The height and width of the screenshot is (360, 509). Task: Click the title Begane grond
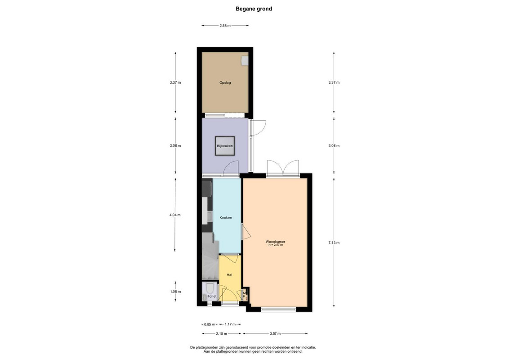pyautogui.click(x=254, y=9)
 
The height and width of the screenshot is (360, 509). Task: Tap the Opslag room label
pyautogui.click(x=225, y=82)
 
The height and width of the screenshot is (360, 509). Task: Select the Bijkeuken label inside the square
pyautogui.click(x=225, y=146)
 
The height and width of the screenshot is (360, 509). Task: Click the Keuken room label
pyautogui.click(x=226, y=217)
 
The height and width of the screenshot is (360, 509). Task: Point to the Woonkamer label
pyautogui.click(x=275, y=242)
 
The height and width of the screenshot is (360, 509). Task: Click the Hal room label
pyautogui.click(x=229, y=275)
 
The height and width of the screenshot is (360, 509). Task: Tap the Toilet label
pyautogui.click(x=212, y=296)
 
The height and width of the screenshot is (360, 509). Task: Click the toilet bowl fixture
pyautogui.click(x=210, y=288)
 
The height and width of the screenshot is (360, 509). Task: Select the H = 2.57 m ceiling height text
pyautogui.click(x=275, y=245)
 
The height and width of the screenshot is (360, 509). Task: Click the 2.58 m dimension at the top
pyautogui.click(x=225, y=26)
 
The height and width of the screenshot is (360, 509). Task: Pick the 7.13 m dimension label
pyautogui.click(x=334, y=243)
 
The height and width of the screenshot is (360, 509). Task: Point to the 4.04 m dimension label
pyautogui.click(x=175, y=215)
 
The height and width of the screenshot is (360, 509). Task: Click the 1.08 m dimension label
pyautogui.click(x=175, y=292)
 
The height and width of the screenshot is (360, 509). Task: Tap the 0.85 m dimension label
pyautogui.click(x=210, y=324)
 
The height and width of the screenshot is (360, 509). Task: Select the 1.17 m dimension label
pyautogui.click(x=230, y=324)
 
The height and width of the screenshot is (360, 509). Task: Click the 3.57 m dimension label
pyautogui.click(x=275, y=333)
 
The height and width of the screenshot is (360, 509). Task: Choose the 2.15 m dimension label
pyautogui.click(x=221, y=333)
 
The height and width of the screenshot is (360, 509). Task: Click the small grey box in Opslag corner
pyautogui.click(x=245, y=61)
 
